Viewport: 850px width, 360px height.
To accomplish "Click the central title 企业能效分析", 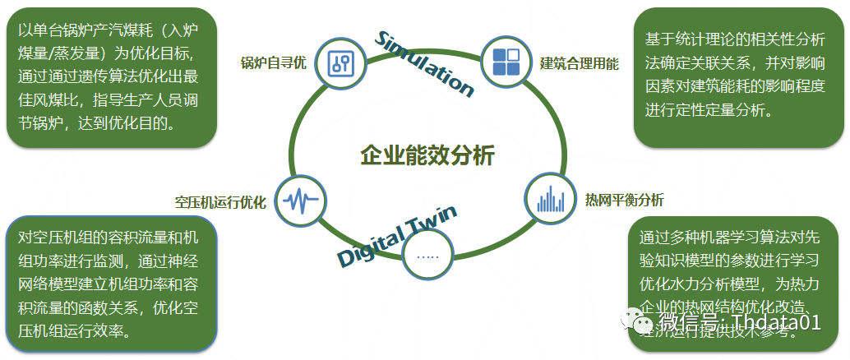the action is click(427, 155).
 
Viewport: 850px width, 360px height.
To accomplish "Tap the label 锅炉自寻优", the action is click(273, 64).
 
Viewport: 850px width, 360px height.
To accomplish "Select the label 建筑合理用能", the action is click(580, 63).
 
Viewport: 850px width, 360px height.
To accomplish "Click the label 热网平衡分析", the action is click(624, 200).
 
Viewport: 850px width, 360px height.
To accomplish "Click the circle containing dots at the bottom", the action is click(428, 256).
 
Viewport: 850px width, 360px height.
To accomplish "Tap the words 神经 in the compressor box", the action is click(189, 261).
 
